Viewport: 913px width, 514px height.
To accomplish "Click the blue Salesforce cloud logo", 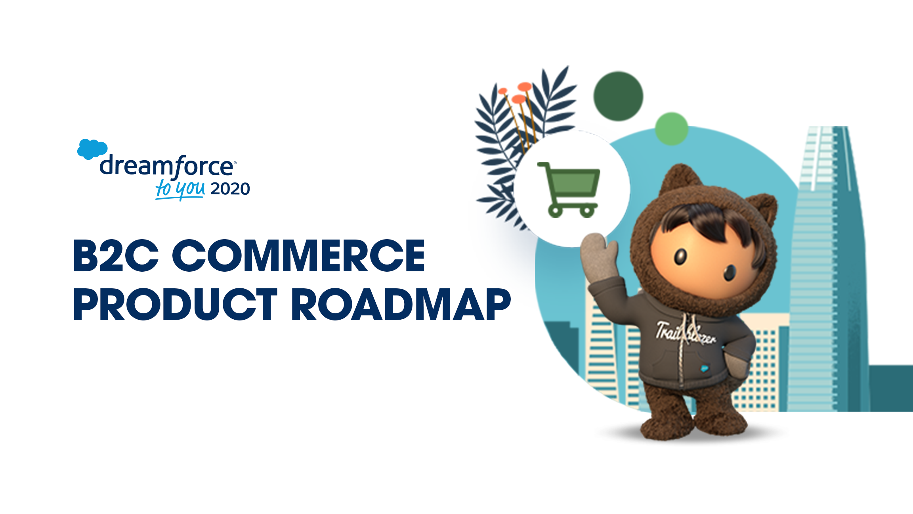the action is click(x=92, y=149).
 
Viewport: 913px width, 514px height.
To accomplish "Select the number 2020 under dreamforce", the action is click(x=230, y=189).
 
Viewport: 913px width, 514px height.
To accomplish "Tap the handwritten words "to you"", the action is click(x=180, y=189).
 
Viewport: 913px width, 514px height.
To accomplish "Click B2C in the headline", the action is click(x=116, y=256).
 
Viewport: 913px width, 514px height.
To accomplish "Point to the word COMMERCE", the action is click(x=298, y=256).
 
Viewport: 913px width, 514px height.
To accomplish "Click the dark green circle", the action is click(x=618, y=96).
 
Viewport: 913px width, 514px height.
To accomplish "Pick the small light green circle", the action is click(x=671, y=128).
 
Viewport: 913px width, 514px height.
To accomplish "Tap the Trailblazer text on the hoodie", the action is click(x=686, y=334).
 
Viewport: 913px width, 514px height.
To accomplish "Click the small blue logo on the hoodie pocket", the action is click(x=704, y=368).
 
